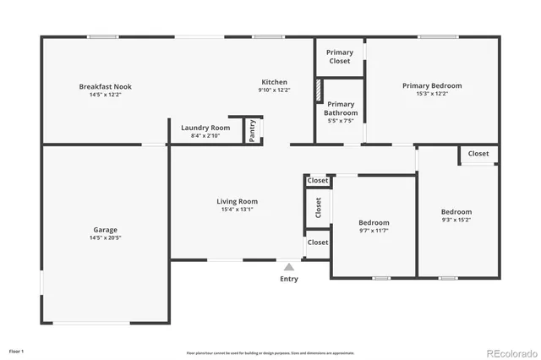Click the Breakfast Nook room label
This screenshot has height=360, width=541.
click(x=106, y=86)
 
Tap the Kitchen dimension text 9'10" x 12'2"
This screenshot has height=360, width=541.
click(x=275, y=90)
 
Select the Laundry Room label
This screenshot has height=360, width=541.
click(x=205, y=128)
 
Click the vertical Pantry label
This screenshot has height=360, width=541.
click(x=253, y=131)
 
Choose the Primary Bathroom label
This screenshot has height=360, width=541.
click(x=341, y=108)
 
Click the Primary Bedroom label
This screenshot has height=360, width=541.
click(x=432, y=85)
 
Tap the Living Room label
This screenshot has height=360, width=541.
click(x=237, y=201)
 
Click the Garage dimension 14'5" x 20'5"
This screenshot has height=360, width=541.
click(x=106, y=238)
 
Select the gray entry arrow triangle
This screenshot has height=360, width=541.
click(x=288, y=266)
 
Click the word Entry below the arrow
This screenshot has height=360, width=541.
click(x=289, y=279)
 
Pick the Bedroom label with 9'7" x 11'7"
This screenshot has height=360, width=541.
click(x=374, y=222)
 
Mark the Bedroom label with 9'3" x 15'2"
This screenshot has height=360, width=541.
click(x=456, y=211)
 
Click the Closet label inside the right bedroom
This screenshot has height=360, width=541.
click(x=478, y=154)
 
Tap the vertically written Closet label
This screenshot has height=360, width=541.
click(x=318, y=208)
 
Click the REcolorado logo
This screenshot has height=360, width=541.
click(x=510, y=352)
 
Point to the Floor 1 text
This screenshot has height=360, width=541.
click(x=17, y=351)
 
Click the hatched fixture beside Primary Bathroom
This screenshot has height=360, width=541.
click(x=319, y=90)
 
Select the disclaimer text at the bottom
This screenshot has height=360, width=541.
click(x=270, y=352)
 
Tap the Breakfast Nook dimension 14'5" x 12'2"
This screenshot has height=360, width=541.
click(x=106, y=95)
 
